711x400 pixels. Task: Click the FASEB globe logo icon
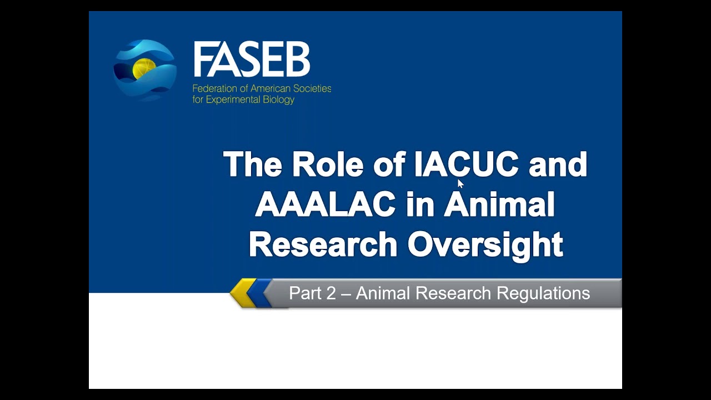(x=145, y=71)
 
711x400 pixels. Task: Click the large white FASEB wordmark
(x=252, y=59)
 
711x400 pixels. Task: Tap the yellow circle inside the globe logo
(x=144, y=68)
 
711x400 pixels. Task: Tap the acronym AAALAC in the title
(x=325, y=204)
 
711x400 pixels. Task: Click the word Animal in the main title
(x=499, y=204)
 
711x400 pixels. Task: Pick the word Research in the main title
(x=323, y=244)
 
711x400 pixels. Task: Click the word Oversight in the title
(x=485, y=245)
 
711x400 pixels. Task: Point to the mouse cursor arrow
(x=460, y=184)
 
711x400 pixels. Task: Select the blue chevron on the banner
(x=259, y=293)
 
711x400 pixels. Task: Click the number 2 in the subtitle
(x=331, y=293)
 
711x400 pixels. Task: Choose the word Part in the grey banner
(x=304, y=293)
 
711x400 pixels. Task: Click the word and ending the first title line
(x=558, y=164)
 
